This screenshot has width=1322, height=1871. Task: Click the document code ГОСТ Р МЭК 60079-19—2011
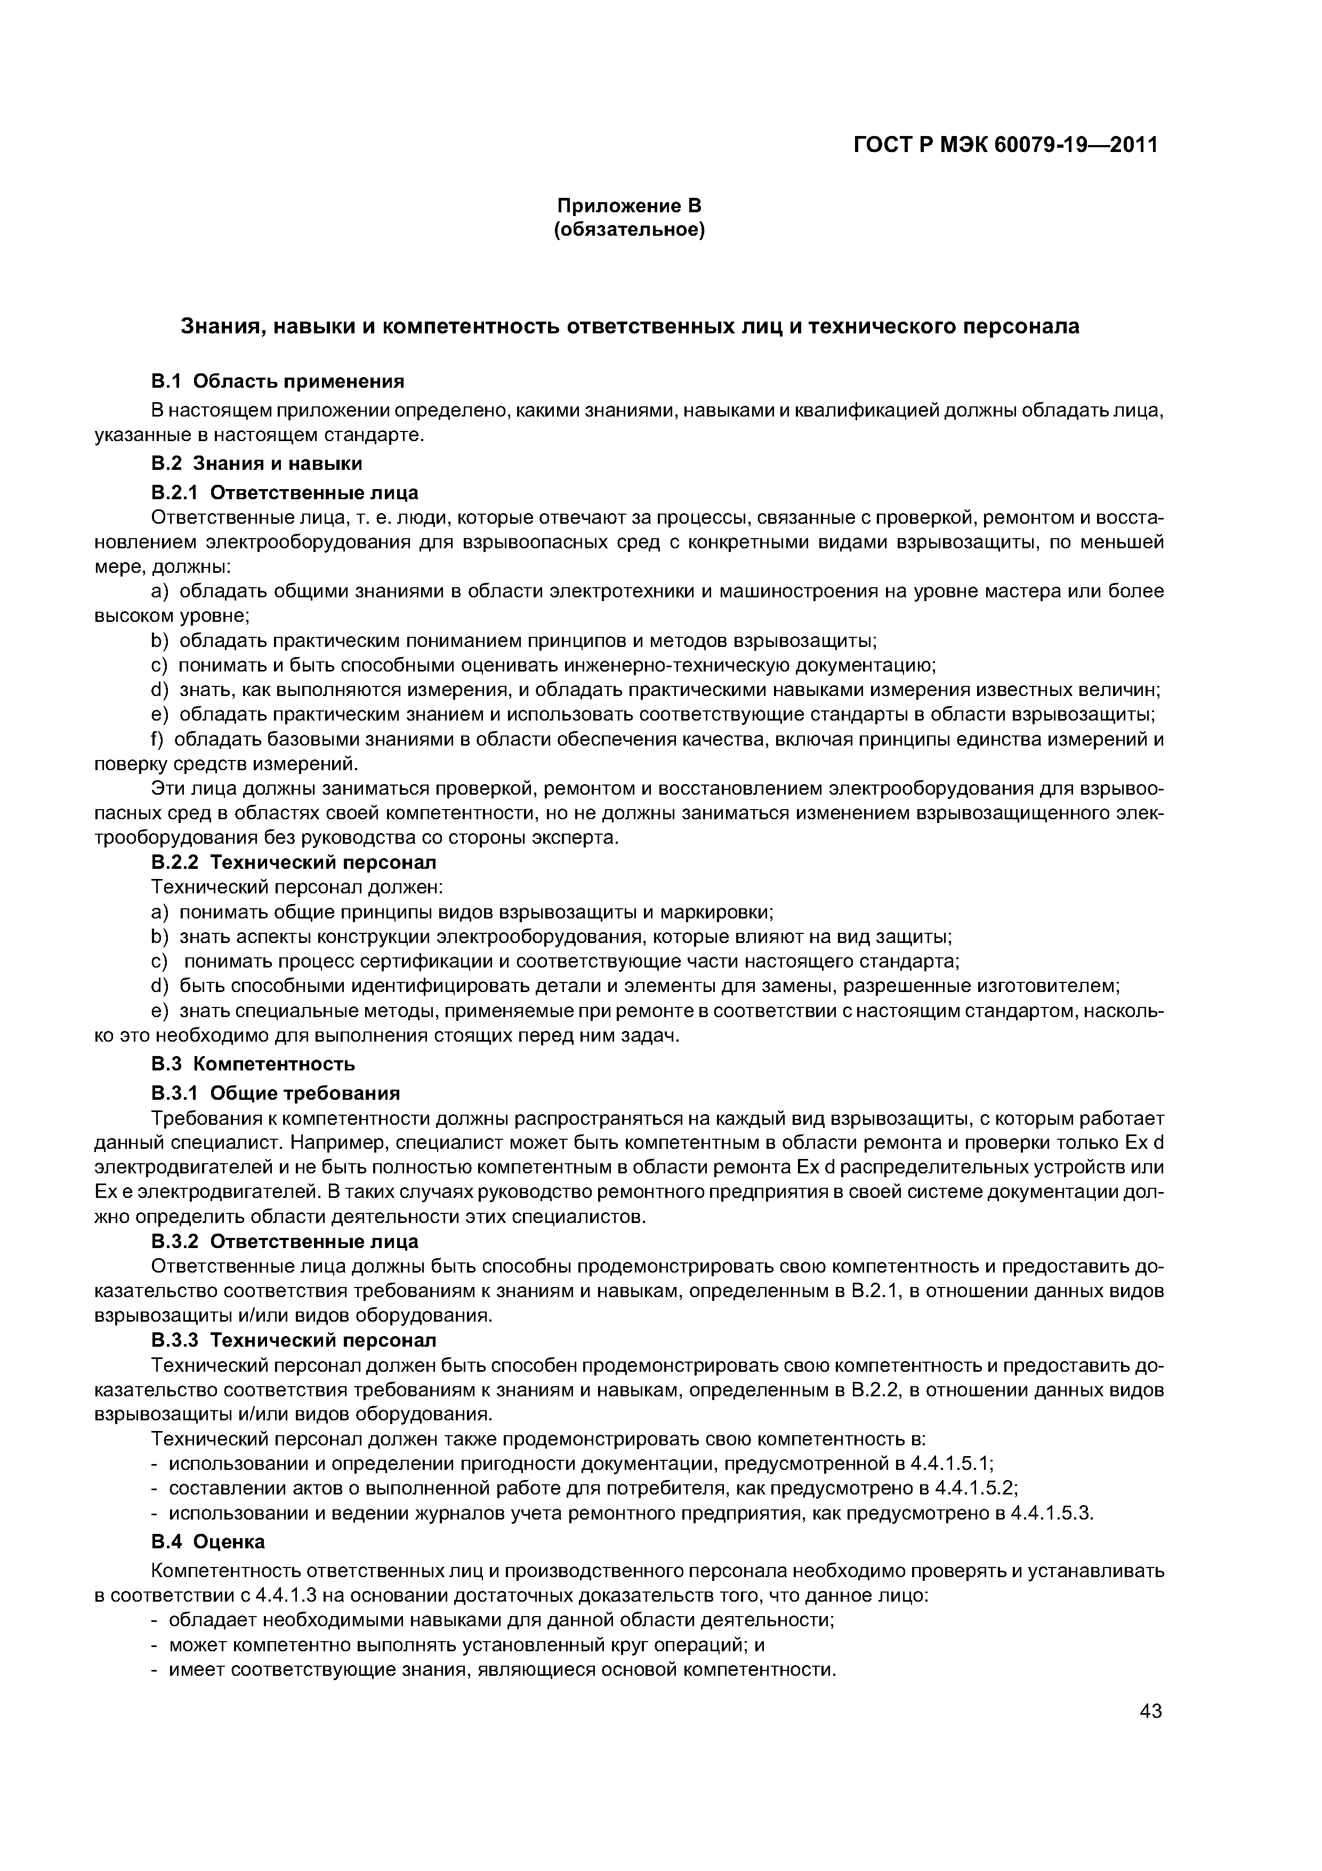[1005, 145]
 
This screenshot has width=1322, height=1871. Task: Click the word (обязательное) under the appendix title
[629, 230]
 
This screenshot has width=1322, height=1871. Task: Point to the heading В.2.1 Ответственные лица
[285, 492]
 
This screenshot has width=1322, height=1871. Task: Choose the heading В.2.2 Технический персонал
[294, 862]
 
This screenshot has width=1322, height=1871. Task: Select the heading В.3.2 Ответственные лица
[285, 1241]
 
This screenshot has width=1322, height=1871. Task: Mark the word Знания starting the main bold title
[213, 327]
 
